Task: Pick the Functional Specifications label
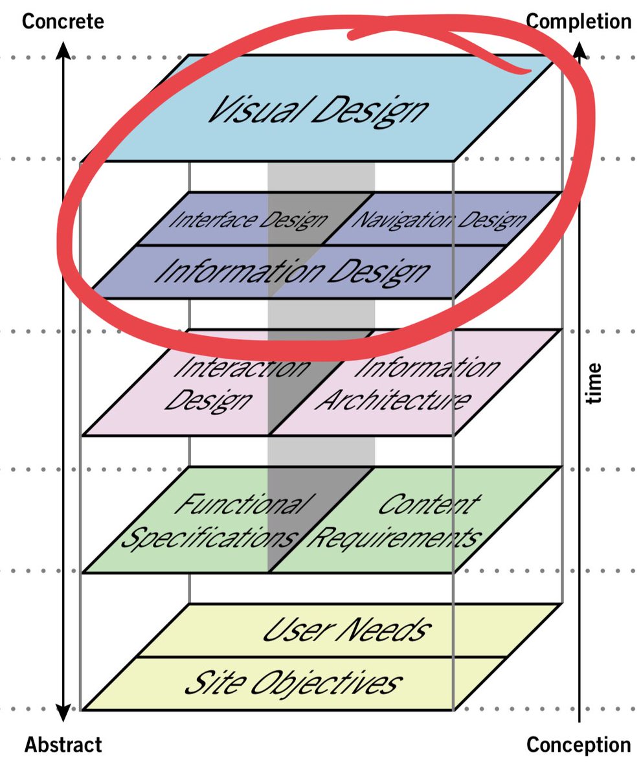(210, 521)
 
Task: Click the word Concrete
(63, 21)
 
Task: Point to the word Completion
(578, 21)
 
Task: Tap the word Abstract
(63, 745)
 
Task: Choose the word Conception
(578, 745)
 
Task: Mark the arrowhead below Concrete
(63, 49)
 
